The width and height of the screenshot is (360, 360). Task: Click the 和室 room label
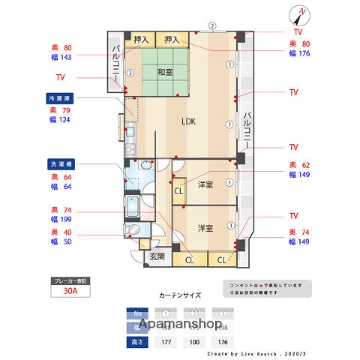pos(165,72)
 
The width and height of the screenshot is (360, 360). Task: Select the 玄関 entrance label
pos(157,256)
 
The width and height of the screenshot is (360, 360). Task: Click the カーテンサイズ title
pos(180,295)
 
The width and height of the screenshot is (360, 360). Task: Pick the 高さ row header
pos(136,342)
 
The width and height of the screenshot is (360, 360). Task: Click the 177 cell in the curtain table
pos(166,342)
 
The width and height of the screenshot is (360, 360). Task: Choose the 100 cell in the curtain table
pos(194,342)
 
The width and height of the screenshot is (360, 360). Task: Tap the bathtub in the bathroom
pos(133,205)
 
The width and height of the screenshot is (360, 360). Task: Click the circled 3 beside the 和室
pos(130,73)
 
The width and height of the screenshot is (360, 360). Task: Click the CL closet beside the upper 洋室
pos(179,191)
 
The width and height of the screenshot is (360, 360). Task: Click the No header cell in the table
pos(136,313)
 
